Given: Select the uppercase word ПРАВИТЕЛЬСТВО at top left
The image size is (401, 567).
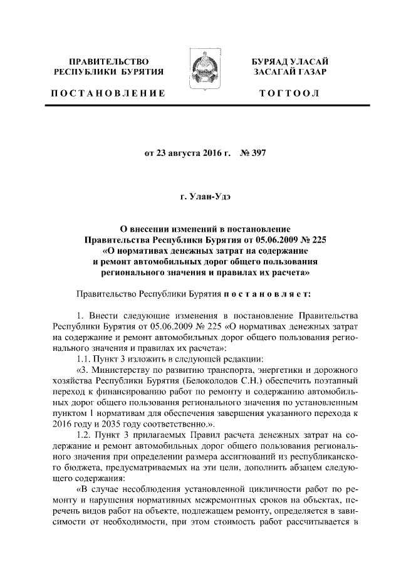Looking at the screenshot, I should point(109,61).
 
